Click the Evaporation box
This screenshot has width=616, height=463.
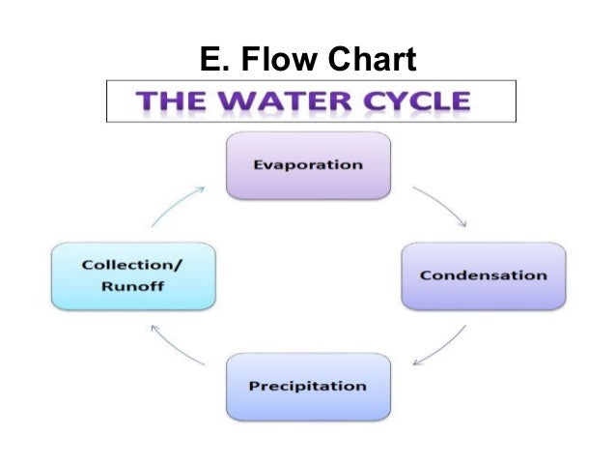[x=308, y=164]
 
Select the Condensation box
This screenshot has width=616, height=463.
[x=483, y=275]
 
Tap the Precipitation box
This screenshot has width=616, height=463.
[x=308, y=386]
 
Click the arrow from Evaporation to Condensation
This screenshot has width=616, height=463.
[x=441, y=205]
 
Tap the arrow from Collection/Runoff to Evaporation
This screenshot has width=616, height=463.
[x=177, y=205]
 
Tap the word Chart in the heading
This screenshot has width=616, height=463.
[x=372, y=61]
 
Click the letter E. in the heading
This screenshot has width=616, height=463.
[x=211, y=61]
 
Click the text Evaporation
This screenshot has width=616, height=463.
[x=308, y=164]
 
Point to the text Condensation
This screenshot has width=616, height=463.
[x=483, y=275]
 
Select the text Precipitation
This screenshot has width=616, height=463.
[x=308, y=386]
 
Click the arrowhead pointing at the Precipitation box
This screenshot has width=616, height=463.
[x=417, y=363]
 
